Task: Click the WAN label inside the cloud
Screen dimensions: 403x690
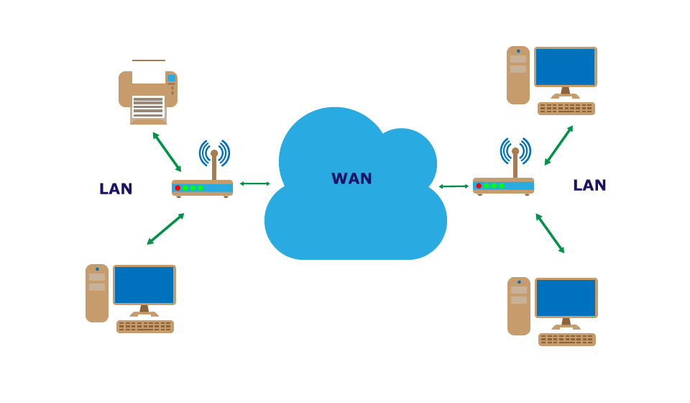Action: click(351, 178)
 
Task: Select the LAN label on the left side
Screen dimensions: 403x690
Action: click(116, 189)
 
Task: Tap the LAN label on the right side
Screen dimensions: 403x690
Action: click(589, 185)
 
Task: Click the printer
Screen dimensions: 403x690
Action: click(147, 94)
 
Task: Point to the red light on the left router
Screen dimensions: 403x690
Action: click(178, 188)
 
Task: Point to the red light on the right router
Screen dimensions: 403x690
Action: click(479, 186)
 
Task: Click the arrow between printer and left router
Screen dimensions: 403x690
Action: click(167, 151)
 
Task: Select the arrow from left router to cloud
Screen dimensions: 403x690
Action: click(255, 184)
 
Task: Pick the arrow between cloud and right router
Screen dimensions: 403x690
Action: click(454, 186)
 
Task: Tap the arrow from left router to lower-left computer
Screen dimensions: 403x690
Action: click(166, 229)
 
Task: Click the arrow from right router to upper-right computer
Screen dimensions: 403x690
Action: click(558, 145)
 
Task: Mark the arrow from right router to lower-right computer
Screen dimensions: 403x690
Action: click(550, 232)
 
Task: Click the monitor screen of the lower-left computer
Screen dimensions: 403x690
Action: click(144, 284)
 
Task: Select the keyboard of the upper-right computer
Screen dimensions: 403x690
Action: click(566, 109)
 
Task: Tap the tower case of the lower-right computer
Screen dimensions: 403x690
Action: click(519, 306)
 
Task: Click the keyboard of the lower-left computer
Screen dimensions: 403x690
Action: click(145, 327)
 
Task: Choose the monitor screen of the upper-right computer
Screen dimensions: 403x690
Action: click(566, 66)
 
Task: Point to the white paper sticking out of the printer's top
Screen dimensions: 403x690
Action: click(149, 71)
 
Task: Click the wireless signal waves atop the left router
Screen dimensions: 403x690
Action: click(214, 152)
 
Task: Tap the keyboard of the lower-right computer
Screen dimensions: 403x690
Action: click(567, 340)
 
